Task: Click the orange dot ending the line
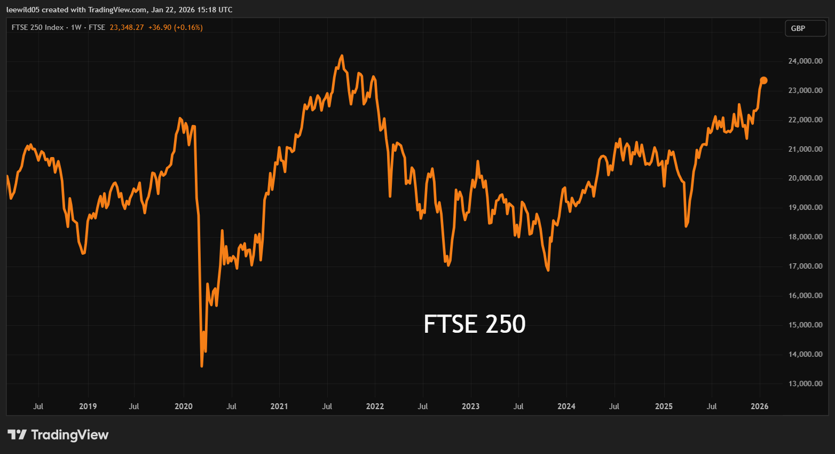[x=763, y=81]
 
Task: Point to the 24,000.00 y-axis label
[x=805, y=61]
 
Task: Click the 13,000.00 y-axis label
[x=805, y=383]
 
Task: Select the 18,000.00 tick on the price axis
[x=805, y=237]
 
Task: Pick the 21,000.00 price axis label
[x=805, y=149]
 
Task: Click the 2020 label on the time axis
[x=184, y=406]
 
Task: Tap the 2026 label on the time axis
[x=759, y=406]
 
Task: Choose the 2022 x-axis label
[x=375, y=406]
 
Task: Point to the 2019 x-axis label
[x=88, y=406]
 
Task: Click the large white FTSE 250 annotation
[x=474, y=324]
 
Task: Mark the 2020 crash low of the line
[x=202, y=366]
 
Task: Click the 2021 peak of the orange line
[x=342, y=56]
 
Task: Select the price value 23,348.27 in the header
[x=127, y=27]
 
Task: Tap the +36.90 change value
[x=160, y=27]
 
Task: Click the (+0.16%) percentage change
[x=188, y=27]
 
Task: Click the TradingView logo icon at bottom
[x=17, y=435]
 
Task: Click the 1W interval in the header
[x=76, y=27]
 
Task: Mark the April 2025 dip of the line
[x=686, y=226]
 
